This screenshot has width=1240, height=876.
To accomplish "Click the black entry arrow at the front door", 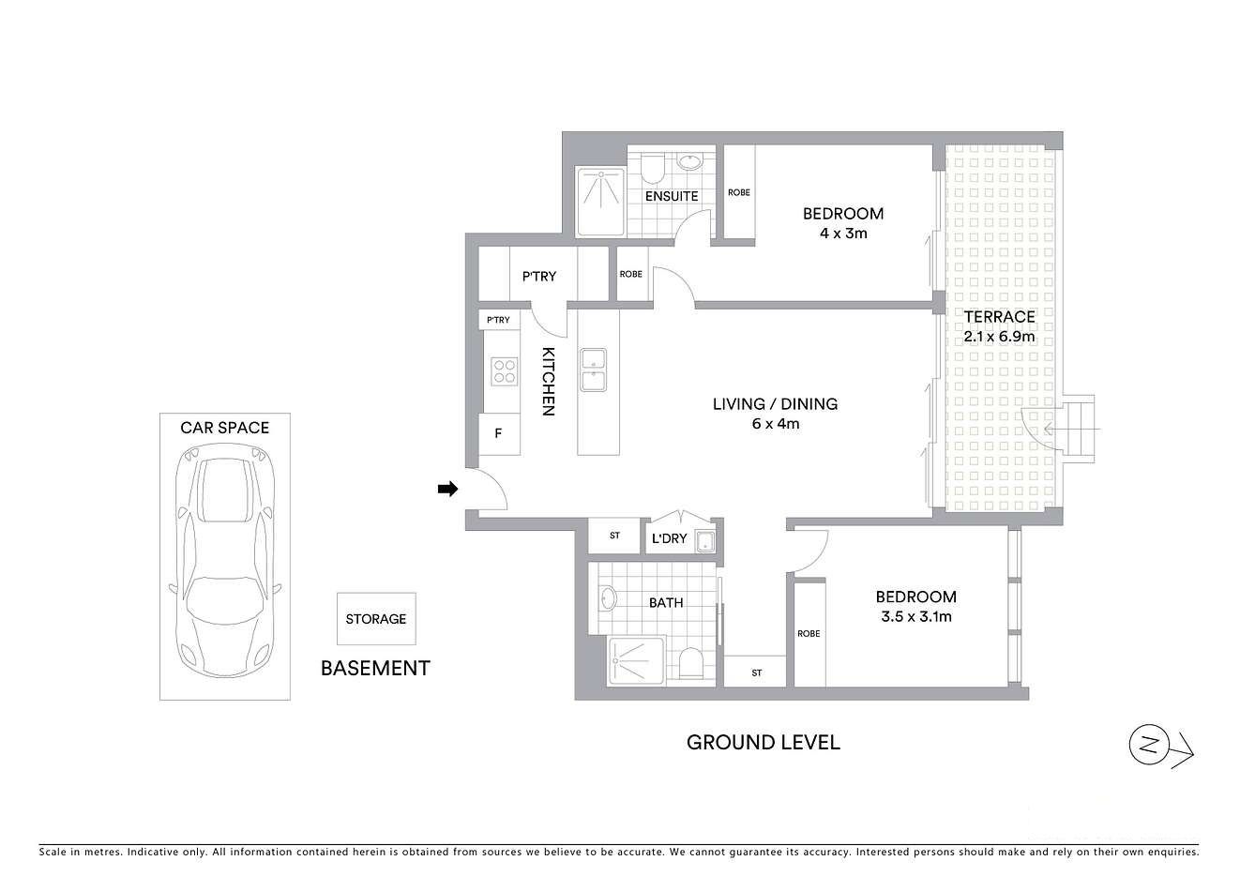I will click(x=448, y=488).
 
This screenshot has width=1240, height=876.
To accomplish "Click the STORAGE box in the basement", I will click(x=375, y=619).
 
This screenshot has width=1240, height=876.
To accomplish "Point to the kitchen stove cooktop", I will click(x=505, y=372).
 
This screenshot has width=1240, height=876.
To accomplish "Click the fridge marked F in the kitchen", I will click(x=497, y=435).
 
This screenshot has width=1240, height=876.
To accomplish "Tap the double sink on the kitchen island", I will click(x=593, y=369).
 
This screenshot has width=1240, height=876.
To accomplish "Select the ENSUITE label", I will click(x=672, y=196).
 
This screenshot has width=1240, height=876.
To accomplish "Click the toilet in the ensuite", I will click(x=653, y=169).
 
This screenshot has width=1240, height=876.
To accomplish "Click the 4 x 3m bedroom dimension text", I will click(x=842, y=233).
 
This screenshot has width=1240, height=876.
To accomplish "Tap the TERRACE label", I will click(x=999, y=317).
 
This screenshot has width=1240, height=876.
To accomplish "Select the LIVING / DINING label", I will click(x=775, y=404).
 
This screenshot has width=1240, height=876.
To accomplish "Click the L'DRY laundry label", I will click(x=669, y=538).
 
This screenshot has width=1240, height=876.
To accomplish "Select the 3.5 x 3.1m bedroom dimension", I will click(x=915, y=616).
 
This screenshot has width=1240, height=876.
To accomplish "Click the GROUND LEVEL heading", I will click(x=764, y=743).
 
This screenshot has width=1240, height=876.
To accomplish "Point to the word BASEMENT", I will click(x=375, y=668).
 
